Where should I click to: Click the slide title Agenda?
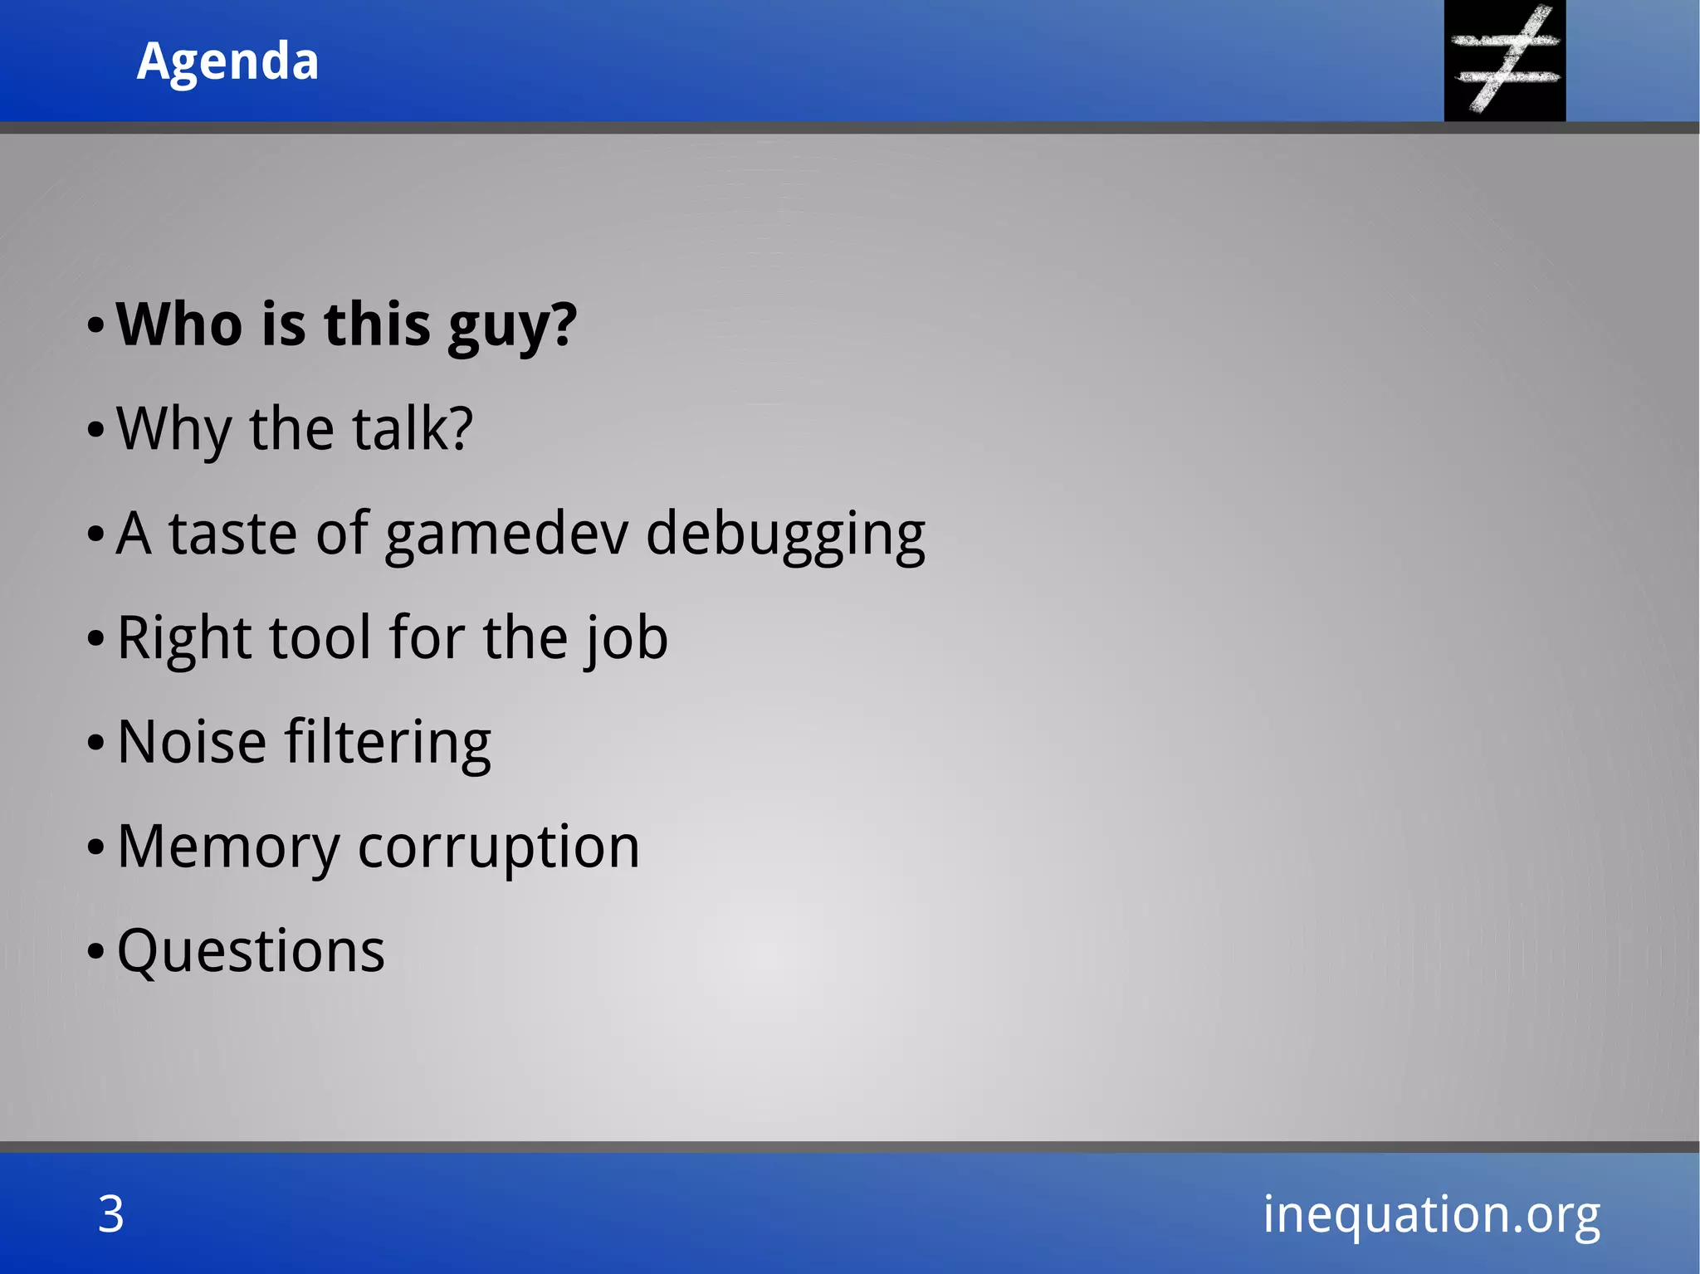[227, 61]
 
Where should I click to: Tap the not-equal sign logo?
[1504, 61]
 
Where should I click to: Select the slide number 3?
[111, 1213]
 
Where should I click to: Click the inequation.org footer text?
[1431, 1215]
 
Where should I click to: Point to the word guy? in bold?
[511, 325]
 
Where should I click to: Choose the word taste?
[233, 534]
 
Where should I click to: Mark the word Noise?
[192, 742]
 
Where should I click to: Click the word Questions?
[251, 951]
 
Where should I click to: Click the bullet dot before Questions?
[96, 952]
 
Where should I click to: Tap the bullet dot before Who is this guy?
[96, 326]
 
